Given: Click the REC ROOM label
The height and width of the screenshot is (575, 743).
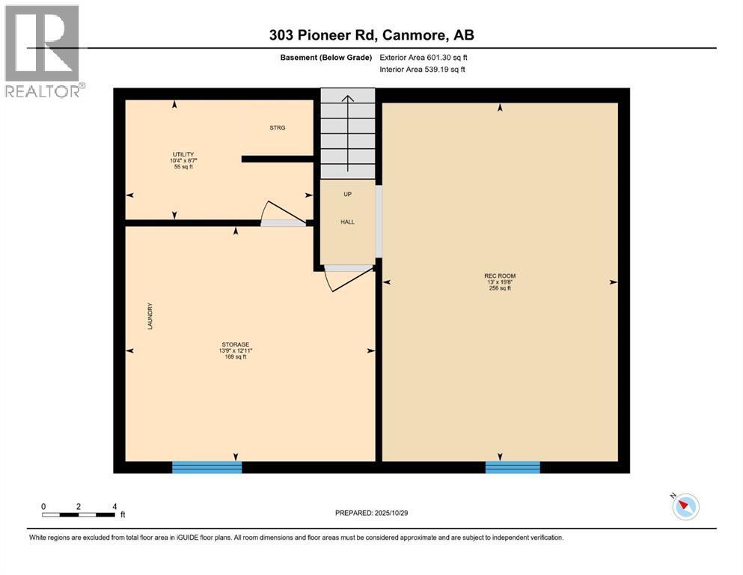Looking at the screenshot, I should [x=499, y=276].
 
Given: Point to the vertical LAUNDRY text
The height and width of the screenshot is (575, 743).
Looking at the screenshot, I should [x=150, y=317].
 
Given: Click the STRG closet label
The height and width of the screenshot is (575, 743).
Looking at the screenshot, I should [x=278, y=128].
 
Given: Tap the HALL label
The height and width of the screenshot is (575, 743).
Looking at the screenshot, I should [x=347, y=222].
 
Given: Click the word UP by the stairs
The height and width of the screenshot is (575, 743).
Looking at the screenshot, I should [x=347, y=195].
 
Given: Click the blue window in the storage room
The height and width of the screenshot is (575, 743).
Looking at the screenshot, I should [x=207, y=467].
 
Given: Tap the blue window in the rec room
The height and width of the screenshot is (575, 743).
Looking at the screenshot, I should [x=513, y=467].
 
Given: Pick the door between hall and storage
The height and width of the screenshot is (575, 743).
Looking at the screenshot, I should [x=346, y=279].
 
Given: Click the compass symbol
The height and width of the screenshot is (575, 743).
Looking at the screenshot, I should [x=685, y=507].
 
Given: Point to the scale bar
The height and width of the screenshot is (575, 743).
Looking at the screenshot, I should [x=79, y=514].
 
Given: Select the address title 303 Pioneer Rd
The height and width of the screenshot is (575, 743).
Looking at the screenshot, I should [x=371, y=35].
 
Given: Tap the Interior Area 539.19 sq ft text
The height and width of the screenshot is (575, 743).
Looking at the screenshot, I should [x=422, y=70].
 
